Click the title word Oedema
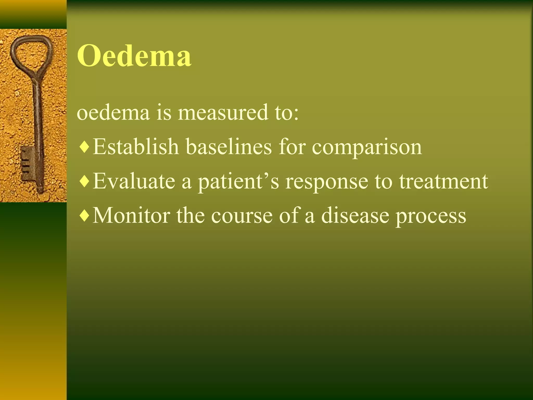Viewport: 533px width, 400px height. pos(134,56)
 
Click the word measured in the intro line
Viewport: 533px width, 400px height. pos(223,113)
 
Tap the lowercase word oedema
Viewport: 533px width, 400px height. pos(113,113)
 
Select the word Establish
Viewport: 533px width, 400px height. pos(136,147)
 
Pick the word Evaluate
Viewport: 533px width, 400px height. pos(134,181)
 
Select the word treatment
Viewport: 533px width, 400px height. pos(443,181)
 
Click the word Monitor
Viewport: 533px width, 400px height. pos(131,215)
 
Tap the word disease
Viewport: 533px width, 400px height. pos(355,215)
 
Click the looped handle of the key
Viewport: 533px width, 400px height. pos(31,52)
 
